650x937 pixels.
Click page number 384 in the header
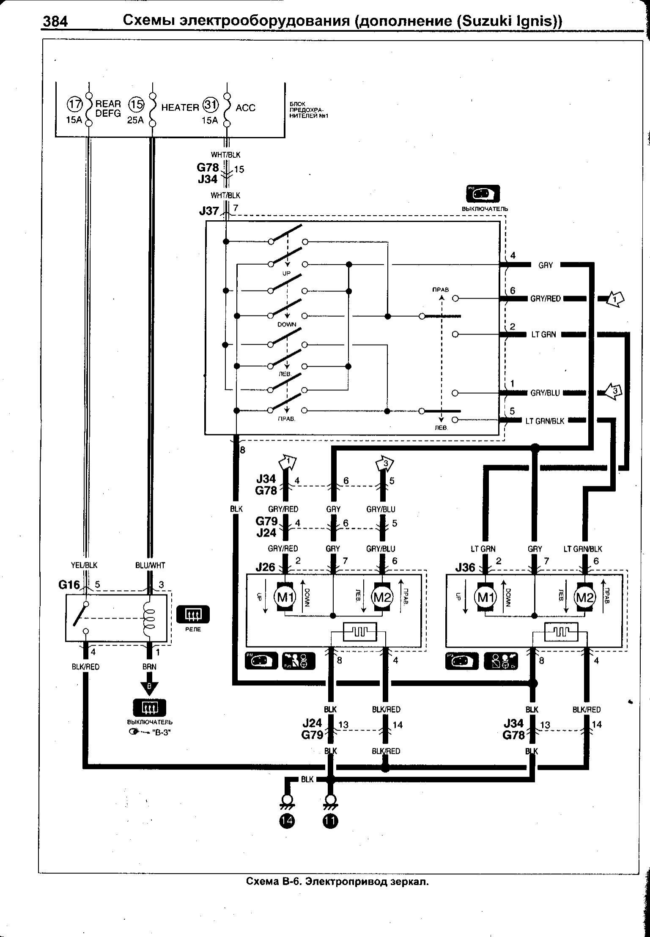55,21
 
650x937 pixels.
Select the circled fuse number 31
210,104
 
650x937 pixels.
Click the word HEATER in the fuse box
180,108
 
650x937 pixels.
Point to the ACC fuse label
245,108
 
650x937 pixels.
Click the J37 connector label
209,210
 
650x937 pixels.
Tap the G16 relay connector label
69,585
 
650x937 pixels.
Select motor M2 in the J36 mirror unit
585,597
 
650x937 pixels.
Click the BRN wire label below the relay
149,667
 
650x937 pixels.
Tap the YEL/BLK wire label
85,565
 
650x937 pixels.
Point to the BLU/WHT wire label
151,565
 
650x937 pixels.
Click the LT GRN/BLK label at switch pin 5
545,421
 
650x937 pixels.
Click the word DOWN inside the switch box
287,325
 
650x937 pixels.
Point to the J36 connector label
465,567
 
